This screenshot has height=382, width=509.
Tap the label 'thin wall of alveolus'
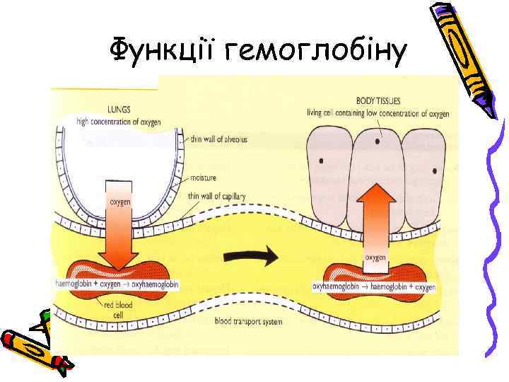click(219, 139)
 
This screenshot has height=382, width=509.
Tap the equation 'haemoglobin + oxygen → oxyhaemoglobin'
click(117, 284)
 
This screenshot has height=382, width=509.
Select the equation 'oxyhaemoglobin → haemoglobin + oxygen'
click(374, 288)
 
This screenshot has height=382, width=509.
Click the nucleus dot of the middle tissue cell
click(378, 141)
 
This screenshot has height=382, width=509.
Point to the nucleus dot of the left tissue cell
click(322, 161)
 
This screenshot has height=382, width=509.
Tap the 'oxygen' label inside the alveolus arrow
click(119, 202)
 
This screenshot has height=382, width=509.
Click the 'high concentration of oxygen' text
click(119, 122)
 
